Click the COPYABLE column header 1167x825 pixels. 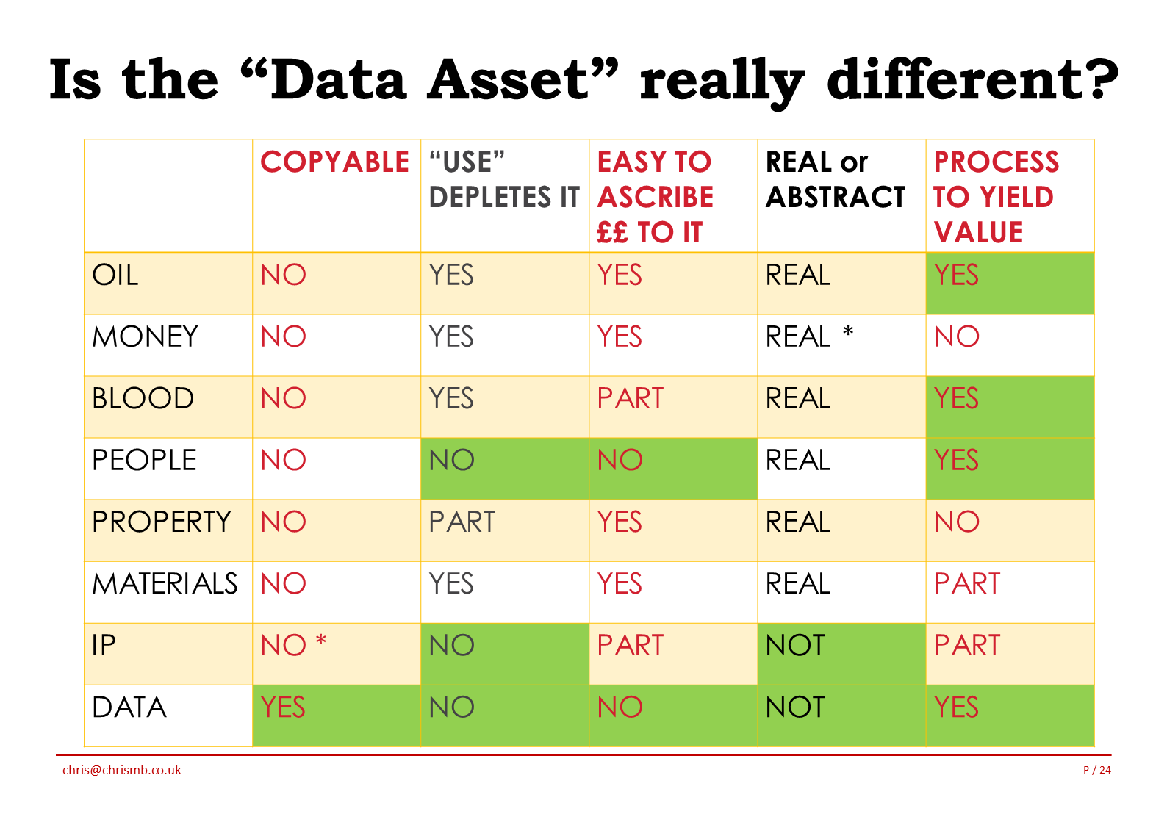pyautogui.click(x=334, y=162)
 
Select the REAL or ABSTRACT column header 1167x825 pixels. pyautogui.click(x=835, y=179)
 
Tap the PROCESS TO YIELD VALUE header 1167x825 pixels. pyautogui.click(x=996, y=197)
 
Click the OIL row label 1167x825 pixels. pyautogui.click(x=115, y=275)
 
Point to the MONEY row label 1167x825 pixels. pyautogui.click(x=145, y=336)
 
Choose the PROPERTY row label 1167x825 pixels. pyautogui.click(x=161, y=522)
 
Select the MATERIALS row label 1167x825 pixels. pyautogui.click(x=165, y=583)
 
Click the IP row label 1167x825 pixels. pyautogui.click(x=104, y=645)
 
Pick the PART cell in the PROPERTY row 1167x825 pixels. pyautogui.click(x=462, y=522)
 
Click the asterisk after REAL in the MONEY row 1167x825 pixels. pyautogui.click(x=848, y=331)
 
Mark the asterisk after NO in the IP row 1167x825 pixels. pyautogui.click(x=321, y=640)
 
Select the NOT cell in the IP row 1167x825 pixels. pyautogui.click(x=795, y=645)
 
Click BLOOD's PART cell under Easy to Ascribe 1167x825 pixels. pyautogui.click(x=630, y=398)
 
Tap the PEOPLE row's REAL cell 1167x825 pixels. pyautogui.click(x=797, y=460)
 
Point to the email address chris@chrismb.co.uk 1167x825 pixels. pyautogui.click(x=122, y=771)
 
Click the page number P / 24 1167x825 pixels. pyautogui.click(x=1096, y=770)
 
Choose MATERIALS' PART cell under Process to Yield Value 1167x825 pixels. pyautogui.click(x=966, y=583)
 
